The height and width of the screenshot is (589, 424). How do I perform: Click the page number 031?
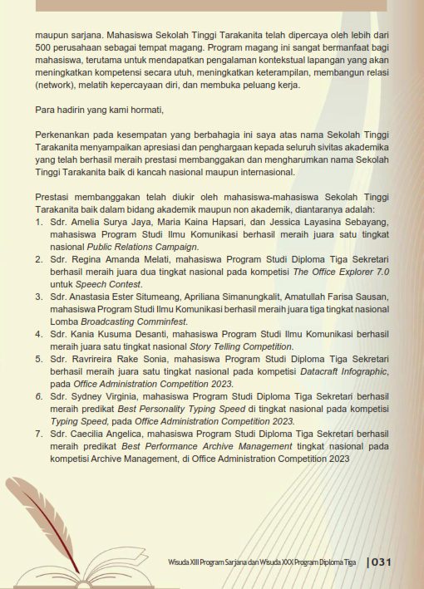381,562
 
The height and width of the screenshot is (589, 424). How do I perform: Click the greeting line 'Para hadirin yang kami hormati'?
94,110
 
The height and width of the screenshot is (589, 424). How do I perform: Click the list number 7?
38,433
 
